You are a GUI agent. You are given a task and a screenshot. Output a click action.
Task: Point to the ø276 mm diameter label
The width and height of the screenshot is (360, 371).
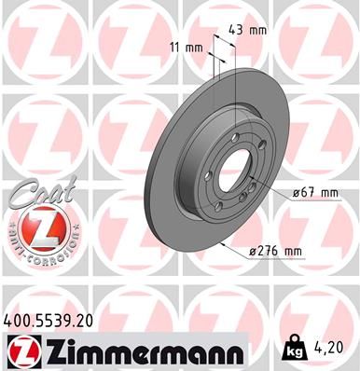(x=277, y=251)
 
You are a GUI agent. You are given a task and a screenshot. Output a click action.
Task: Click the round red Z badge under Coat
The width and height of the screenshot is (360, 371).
(x=36, y=227)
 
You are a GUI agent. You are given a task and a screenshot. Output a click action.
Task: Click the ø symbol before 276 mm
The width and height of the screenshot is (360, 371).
(x=255, y=251)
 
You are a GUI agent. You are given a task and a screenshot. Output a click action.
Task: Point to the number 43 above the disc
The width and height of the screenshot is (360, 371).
(x=237, y=30)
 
